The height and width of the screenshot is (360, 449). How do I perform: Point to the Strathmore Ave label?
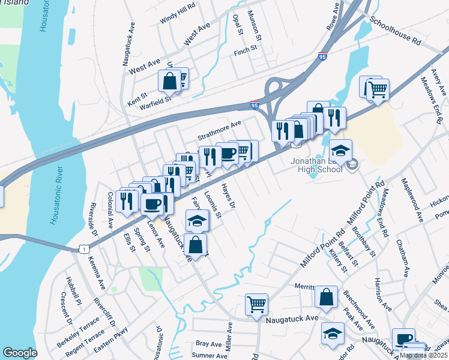click(219, 130)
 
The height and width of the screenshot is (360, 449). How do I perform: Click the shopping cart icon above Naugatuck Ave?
click(256, 304)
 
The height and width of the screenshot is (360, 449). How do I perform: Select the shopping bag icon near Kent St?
click(170, 80)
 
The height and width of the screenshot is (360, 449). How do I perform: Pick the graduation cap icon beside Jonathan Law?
click(340, 150)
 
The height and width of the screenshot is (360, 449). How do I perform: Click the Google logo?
click(20, 353)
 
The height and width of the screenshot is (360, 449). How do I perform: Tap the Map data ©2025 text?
click(423, 355)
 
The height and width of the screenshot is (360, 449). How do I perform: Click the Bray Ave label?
click(209, 344)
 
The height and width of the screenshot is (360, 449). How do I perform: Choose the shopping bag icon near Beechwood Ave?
click(325, 296)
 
